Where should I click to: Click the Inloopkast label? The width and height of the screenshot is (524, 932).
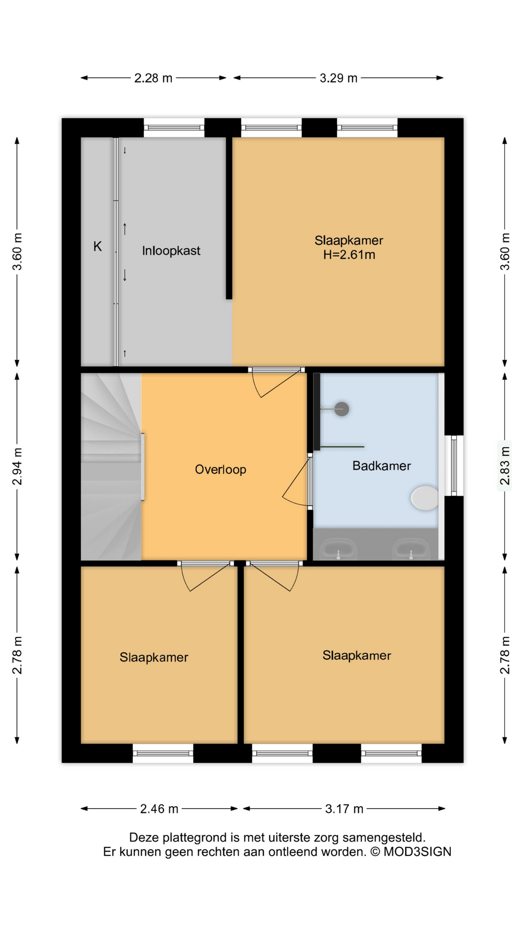pyautogui.click(x=171, y=251)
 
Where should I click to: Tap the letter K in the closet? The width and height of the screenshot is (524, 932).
pyautogui.click(x=98, y=247)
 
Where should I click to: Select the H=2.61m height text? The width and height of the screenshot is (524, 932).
pyautogui.click(x=349, y=255)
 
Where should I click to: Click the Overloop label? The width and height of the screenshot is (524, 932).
pyautogui.click(x=220, y=469)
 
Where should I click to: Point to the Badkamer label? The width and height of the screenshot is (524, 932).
pyautogui.click(x=381, y=466)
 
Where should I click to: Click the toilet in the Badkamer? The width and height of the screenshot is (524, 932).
pyautogui.click(x=425, y=498)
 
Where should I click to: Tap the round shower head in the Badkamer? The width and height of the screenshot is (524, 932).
pyautogui.click(x=342, y=409)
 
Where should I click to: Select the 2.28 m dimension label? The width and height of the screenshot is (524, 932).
pyautogui.click(x=153, y=78)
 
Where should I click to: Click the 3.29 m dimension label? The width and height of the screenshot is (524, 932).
pyautogui.click(x=338, y=78)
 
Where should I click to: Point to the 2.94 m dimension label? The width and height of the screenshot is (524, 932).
pyautogui.click(x=17, y=466)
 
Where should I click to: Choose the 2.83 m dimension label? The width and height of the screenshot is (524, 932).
pyautogui.click(x=505, y=466)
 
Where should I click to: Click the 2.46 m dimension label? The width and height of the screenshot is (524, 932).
pyautogui.click(x=159, y=809)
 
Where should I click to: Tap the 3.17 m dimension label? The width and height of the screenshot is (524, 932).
pyautogui.click(x=344, y=809)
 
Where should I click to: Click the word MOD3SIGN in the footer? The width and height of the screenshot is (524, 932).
pyautogui.click(x=417, y=852)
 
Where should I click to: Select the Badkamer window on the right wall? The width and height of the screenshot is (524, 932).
pyautogui.click(x=454, y=466)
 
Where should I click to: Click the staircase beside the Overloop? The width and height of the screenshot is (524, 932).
pyautogui.click(x=111, y=466)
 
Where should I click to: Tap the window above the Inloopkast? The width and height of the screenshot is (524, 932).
pyautogui.click(x=174, y=128)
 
